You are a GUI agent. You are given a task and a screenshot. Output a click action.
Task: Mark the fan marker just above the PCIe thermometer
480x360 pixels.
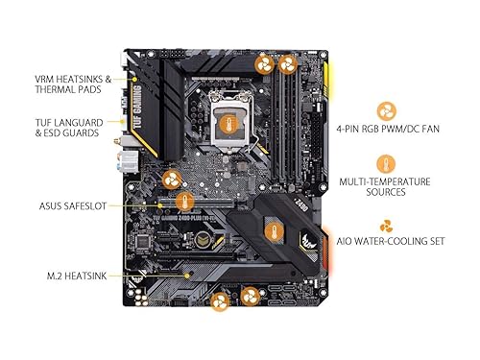click(x=172, y=179)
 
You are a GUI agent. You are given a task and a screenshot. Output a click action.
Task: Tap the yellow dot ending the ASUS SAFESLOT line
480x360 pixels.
click(x=159, y=204)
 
